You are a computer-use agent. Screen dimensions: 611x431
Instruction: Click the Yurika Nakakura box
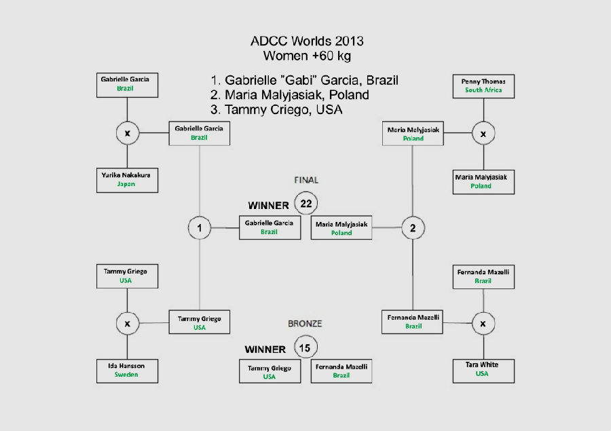coord(127,180)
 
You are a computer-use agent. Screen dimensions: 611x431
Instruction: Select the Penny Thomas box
coord(483,86)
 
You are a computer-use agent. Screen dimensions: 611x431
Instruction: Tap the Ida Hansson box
coord(127,371)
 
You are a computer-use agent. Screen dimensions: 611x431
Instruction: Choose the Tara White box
coord(483,371)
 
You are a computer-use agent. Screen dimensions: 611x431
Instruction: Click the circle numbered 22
coord(306,203)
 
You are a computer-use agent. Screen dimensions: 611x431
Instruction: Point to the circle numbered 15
coord(305,348)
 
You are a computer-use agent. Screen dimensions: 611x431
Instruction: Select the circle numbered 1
coord(200,227)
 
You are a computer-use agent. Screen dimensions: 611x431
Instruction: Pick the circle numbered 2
coord(413,227)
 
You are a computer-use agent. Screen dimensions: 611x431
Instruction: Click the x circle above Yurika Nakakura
coord(128,133)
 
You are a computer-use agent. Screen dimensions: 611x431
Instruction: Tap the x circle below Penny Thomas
coord(483,133)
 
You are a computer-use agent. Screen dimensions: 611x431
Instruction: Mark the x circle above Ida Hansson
coord(128,324)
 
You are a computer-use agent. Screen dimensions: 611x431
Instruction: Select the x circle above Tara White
coord(483,324)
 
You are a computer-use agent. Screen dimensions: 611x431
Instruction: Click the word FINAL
coord(306,180)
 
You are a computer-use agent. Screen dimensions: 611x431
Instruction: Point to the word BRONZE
coord(305,324)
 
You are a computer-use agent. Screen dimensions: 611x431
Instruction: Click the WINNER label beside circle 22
coord(268,206)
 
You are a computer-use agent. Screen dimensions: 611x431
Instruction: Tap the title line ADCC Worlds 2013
coord(307,41)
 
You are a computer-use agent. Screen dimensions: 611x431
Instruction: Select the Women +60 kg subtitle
coord(307,56)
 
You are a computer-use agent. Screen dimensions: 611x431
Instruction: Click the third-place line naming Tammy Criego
coord(276,109)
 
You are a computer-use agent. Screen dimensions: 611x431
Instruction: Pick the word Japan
coord(126,184)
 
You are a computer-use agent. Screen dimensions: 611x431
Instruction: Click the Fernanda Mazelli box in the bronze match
coord(341,371)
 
